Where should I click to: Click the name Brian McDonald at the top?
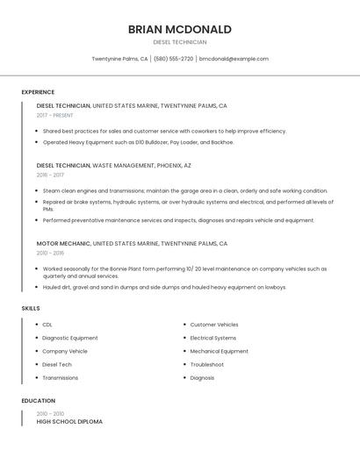pyautogui.click(x=179, y=29)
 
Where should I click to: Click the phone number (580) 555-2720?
pyautogui.click(x=173, y=59)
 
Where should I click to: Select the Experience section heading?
pyautogui.click(x=38, y=92)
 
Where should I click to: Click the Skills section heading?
pyautogui.click(x=31, y=309)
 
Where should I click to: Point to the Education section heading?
pyautogui.click(x=38, y=401)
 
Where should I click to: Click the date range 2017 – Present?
pyautogui.click(x=56, y=115)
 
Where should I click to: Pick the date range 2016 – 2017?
pyautogui.click(x=50, y=175)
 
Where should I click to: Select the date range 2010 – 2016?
pyautogui.click(x=50, y=253)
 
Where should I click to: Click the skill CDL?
pyautogui.click(x=47, y=325)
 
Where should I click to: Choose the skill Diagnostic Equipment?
pyautogui.click(x=70, y=338)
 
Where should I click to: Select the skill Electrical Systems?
pyautogui.click(x=213, y=338)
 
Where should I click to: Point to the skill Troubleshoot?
pyautogui.click(x=207, y=364)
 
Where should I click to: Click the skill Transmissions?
pyautogui.click(x=61, y=378)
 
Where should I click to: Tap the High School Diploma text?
pyautogui.click(x=69, y=422)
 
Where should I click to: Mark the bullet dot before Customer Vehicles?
pyautogui.click(x=183, y=325)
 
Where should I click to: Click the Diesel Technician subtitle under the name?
pyautogui.click(x=179, y=42)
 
